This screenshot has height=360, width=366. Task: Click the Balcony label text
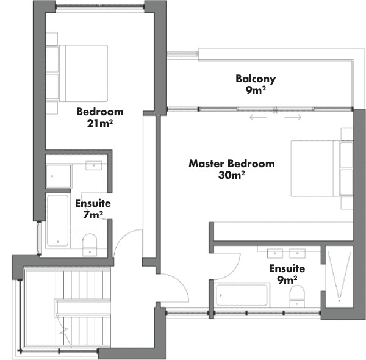coord(256,79)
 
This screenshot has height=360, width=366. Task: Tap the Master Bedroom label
coord(232,164)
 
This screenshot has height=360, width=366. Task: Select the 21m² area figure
coord(100,123)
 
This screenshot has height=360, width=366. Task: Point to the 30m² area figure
coord(232,175)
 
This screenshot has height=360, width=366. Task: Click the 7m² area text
coord(93,215)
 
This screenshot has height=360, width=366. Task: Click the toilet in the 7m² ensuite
coord(90,245)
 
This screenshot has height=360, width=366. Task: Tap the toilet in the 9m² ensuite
coord(297,296)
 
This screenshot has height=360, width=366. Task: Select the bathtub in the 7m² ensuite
coord(58,220)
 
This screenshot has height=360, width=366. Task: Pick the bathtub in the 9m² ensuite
coord(242,295)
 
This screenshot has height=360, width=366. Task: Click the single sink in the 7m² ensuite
coord(93,165)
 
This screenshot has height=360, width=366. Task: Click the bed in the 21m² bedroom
coord(83,73)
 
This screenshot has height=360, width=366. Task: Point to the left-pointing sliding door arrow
coord(258,117)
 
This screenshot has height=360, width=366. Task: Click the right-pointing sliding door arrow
coord(293,117)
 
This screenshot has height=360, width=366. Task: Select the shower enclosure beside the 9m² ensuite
coord(339,276)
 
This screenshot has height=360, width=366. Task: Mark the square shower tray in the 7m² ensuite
coord(59,176)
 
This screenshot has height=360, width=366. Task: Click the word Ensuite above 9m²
coord(287,268)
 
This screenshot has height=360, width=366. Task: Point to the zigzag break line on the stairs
coord(63,331)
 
